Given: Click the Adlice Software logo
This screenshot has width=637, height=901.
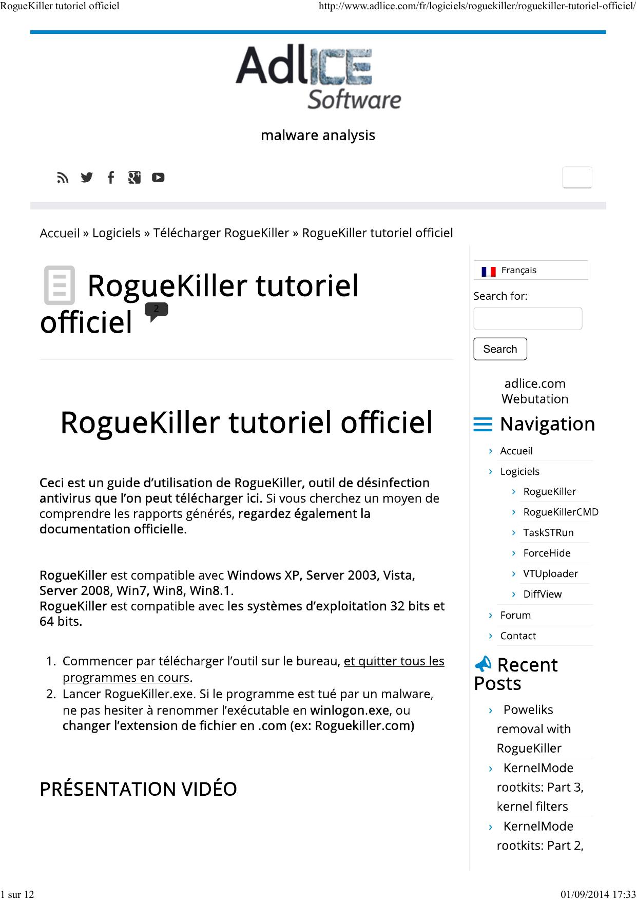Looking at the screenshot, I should (318, 77).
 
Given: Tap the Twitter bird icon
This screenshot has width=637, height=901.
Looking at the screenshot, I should (87, 178).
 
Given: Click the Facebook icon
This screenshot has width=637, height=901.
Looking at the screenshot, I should (110, 178).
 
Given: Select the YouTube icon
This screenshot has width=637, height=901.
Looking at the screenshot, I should (158, 178).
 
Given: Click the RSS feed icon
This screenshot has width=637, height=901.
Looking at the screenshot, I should (63, 178).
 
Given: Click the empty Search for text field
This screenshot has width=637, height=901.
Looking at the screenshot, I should (528, 318).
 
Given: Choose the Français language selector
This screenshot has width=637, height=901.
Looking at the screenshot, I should (531, 270).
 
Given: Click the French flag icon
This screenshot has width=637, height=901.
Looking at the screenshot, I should (488, 271).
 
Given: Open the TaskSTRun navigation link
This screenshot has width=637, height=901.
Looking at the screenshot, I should (548, 532).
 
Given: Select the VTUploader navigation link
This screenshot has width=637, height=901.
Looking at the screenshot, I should (550, 573).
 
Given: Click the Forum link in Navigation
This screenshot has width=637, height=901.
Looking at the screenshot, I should (515, 615).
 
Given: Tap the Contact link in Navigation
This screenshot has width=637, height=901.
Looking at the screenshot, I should (518, 636).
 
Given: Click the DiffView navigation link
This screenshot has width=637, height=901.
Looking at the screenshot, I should (542, 594).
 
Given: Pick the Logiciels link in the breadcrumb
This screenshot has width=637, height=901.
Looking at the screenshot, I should (117, 233).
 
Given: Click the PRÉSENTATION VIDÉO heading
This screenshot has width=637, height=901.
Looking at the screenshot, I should (138, 789).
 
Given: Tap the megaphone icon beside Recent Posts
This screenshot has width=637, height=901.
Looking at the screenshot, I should (483, 664).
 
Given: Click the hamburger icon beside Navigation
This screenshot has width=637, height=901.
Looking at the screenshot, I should (482, 424).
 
